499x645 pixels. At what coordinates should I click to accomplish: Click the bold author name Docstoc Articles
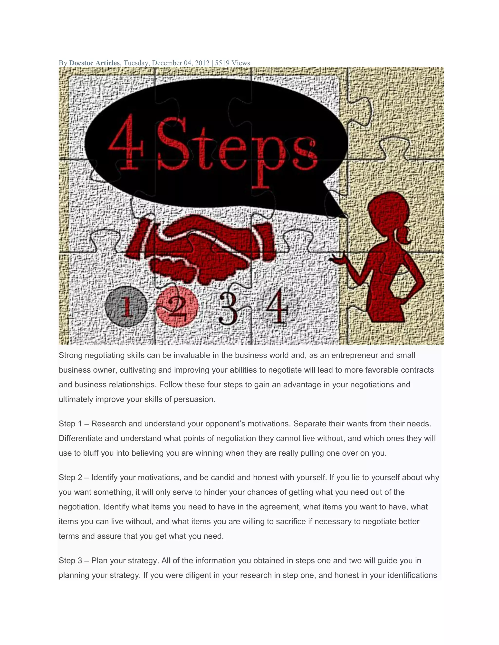pos(94,63)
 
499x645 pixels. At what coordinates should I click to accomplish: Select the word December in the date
pos(167,63)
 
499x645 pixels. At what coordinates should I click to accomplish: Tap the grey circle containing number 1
pos(126,306)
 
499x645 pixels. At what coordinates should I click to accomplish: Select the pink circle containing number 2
pos(177,307)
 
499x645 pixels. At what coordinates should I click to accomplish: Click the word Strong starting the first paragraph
pos(71,355)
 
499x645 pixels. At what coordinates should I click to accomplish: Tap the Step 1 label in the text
pos(70,424)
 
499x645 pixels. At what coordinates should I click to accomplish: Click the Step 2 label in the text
pos(70,478)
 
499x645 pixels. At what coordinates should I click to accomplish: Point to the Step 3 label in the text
pos(70,561)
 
